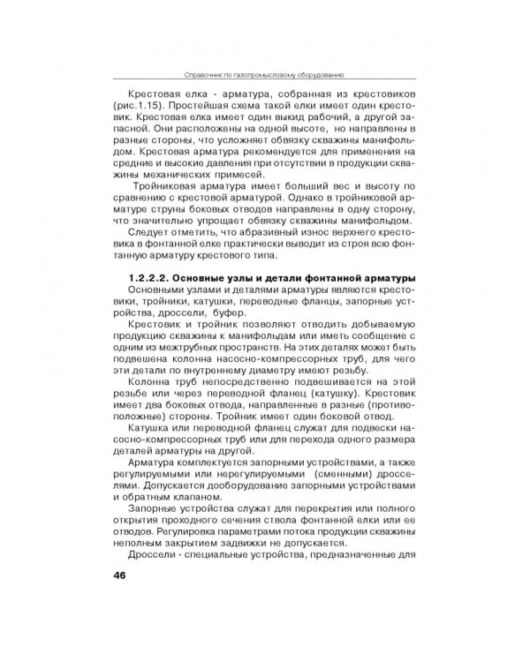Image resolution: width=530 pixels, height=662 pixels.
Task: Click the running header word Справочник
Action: [203, 75]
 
